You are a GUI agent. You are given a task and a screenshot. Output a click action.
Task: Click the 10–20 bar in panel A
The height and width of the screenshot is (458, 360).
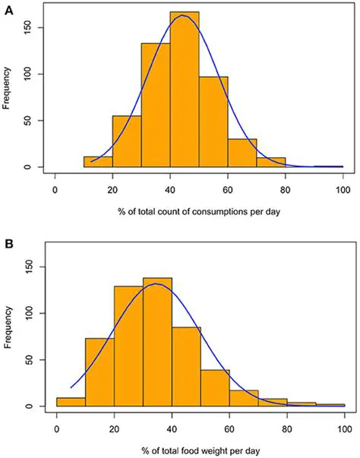pyautogui.click(x=98, y=162)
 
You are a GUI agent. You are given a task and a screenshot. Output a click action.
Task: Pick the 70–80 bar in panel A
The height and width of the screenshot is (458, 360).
pyautogui.click(x=271, y=163)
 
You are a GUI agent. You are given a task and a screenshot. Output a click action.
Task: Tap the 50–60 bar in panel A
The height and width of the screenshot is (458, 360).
pyautogui.click(x=213, y=122)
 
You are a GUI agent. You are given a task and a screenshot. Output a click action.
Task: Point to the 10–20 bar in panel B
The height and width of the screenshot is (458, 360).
pyautogui.click(x=99, y=372)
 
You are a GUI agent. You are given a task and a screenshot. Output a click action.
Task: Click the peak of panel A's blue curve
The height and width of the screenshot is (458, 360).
pyautogui.click(x=184, y=15)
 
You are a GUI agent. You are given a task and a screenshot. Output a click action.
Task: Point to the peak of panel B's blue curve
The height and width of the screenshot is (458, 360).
pyautogui.click(x=155, y=284)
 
